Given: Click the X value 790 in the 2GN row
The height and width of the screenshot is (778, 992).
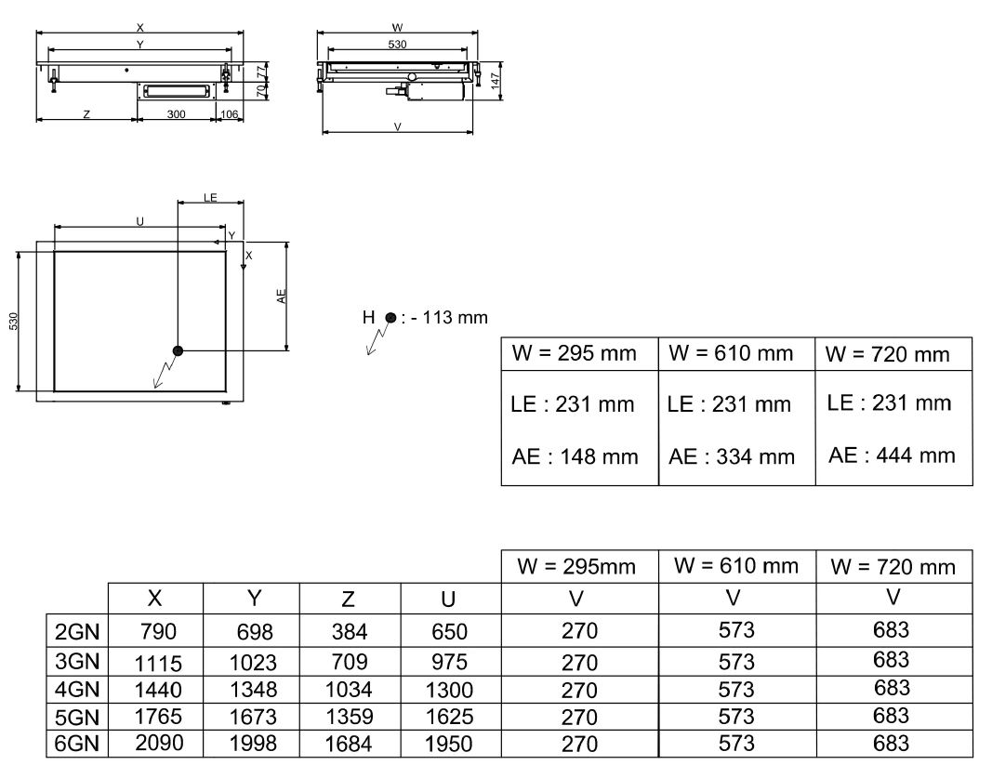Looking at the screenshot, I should click(x=157, y=634).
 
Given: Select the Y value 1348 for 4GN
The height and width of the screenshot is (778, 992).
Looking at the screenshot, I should click(x=253, y=690).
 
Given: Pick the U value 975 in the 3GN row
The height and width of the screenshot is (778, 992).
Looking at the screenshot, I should click(x=450, y=663).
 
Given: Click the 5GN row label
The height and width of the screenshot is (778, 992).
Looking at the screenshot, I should click(x=77, y=717).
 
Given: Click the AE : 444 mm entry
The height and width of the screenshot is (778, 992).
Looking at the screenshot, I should click(x=892, y=455).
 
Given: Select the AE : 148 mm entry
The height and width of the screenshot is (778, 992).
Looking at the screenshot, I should click(x=575, y=456).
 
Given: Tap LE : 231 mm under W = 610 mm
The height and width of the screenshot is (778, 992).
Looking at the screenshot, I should click(x=729, y=404).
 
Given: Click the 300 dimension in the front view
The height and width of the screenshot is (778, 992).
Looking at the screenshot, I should click(x=177, y=114).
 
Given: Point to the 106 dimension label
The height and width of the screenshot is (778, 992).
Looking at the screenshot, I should click(x=229, y=114).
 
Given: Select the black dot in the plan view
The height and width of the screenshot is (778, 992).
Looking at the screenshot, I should click(x=177, y=350).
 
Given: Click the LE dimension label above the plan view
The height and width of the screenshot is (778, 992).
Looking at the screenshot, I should click(x=210, y=198).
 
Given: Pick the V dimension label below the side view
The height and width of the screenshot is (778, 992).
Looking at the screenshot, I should click(x=397, y=126).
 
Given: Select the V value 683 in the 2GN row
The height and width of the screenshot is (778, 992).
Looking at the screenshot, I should click(x=892, y=632).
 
